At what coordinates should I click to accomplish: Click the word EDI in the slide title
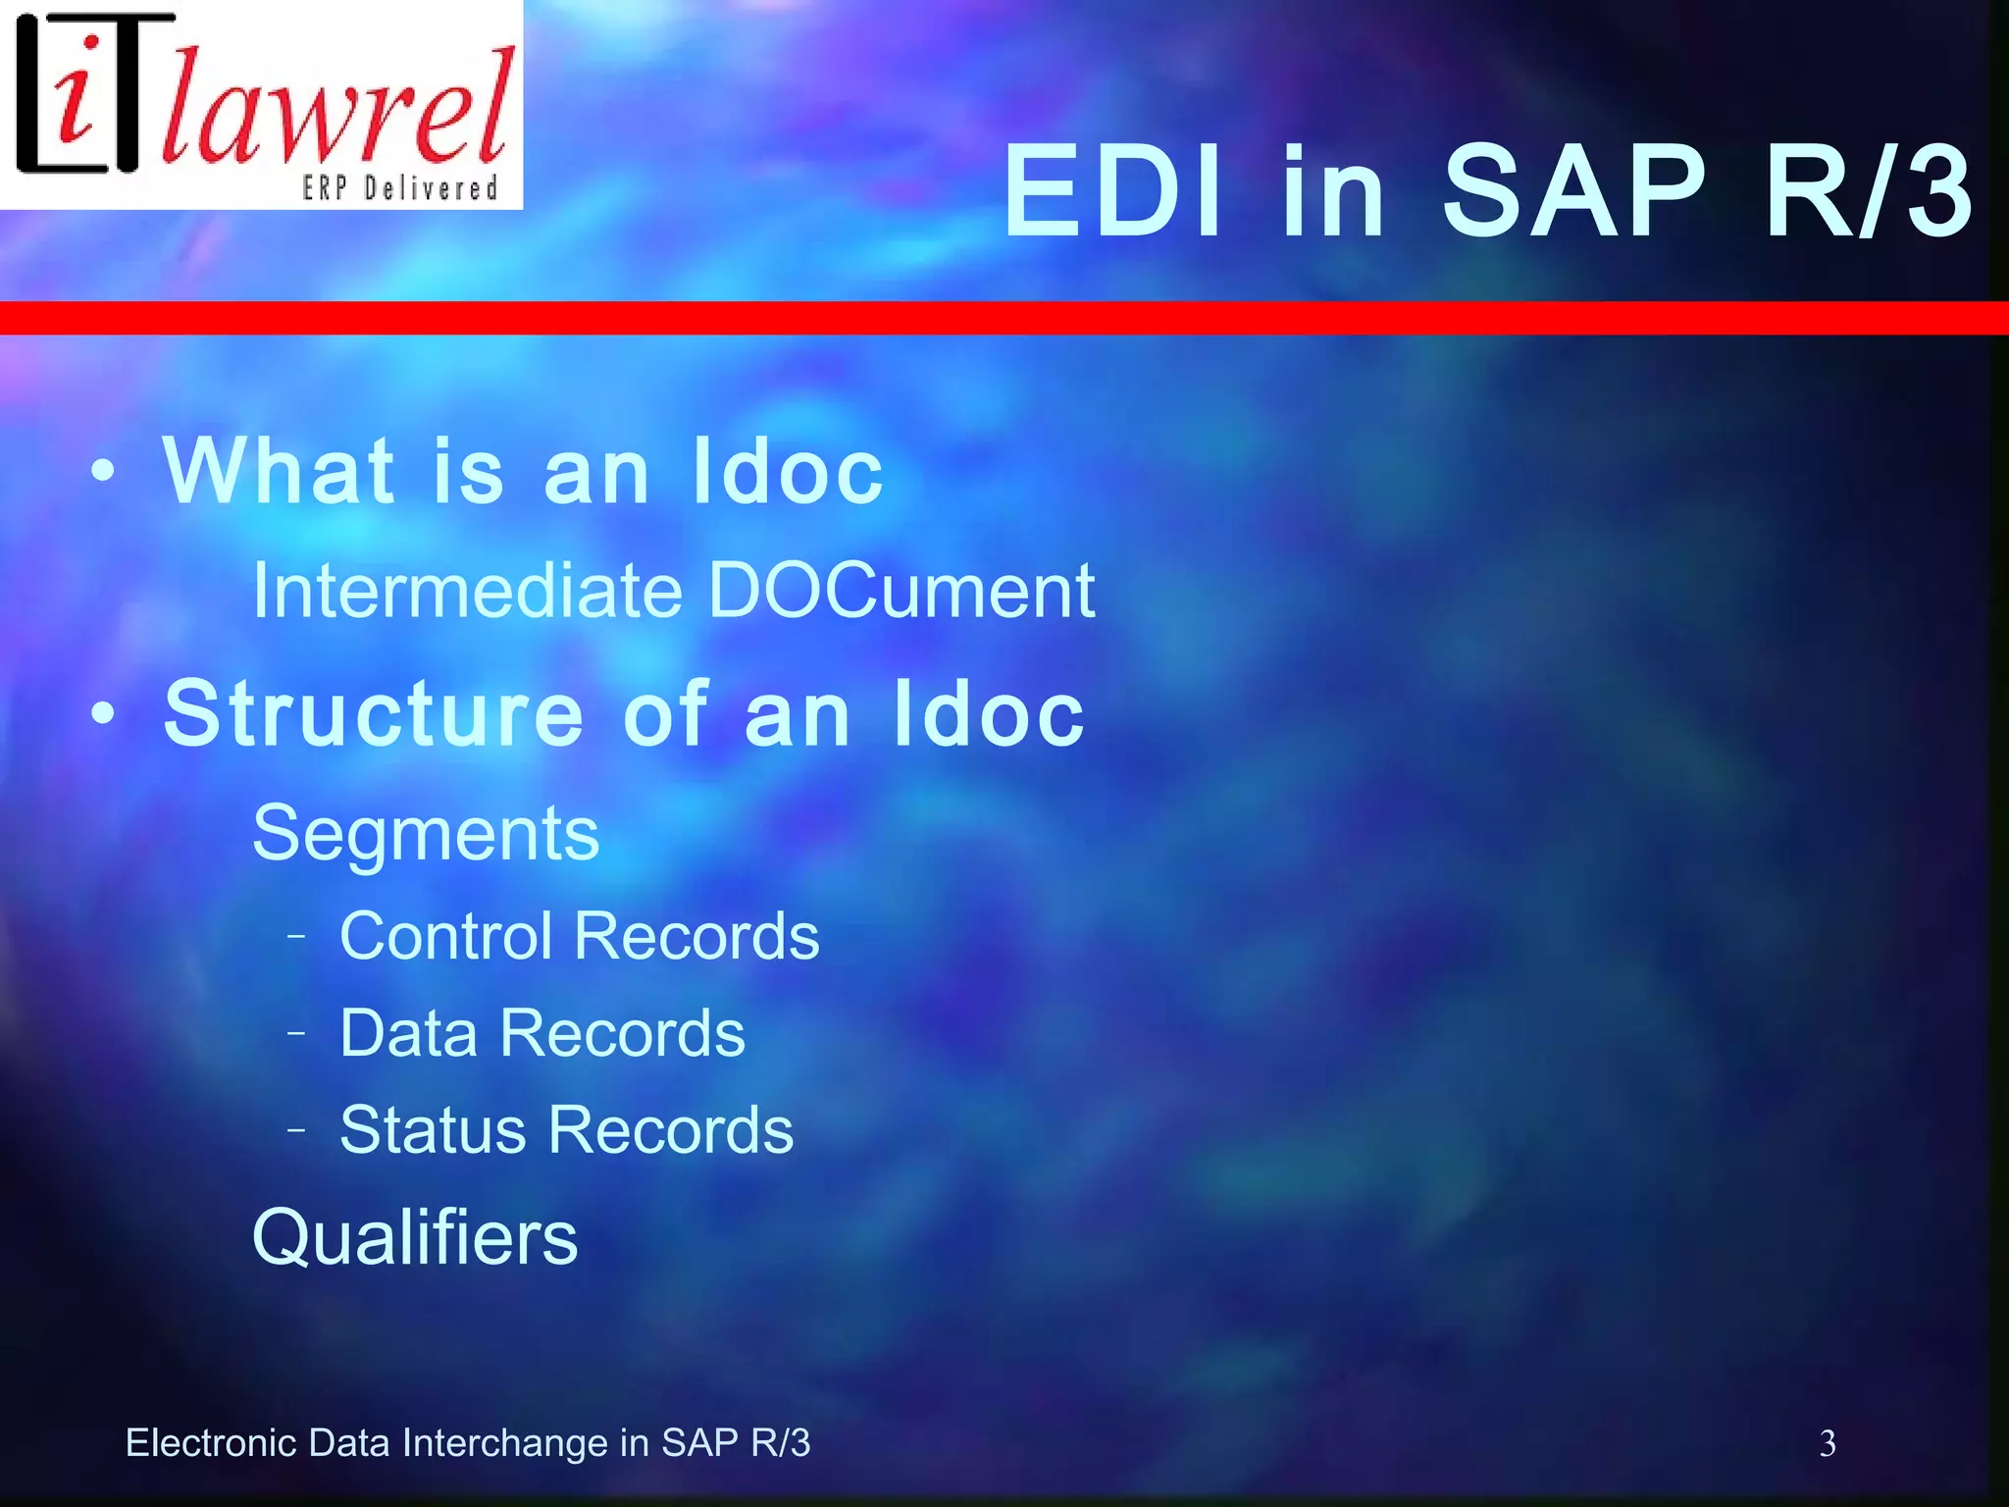point(1113,191)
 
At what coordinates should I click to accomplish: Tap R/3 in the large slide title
point(1869,191)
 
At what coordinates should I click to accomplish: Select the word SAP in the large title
point(1574,191)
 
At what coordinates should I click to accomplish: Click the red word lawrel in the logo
point(338,108)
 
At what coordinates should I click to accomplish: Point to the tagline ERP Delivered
point(400,187)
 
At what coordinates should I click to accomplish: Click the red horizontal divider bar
point(1004,318)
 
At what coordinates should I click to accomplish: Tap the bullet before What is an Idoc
point(102,472)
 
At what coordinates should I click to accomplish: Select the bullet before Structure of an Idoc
point(102,714)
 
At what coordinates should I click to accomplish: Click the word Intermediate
point(467,591)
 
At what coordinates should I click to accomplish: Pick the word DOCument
point(901,591)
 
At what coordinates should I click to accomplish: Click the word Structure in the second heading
point(373,714)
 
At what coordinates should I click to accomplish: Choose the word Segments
point(425,834)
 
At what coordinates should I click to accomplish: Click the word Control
point(445,935)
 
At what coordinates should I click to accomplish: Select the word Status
point(433,1130)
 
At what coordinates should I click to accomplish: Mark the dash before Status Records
point(296,1130)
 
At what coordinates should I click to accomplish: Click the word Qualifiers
point(415,1238)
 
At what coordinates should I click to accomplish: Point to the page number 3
point(1828,1443)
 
